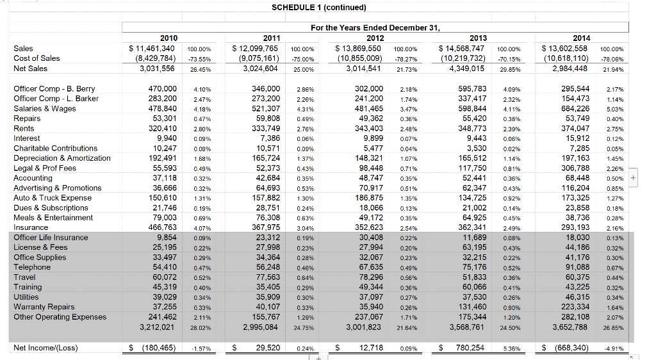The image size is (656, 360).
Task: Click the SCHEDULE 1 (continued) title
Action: (319, 8)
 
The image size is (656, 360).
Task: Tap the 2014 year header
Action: (582, 38)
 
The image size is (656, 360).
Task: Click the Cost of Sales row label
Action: (37, 58)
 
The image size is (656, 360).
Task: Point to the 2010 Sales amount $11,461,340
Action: (152, 49)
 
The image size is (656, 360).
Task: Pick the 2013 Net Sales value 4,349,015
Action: (466, 68)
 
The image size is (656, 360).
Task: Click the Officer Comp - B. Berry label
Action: (54, 88)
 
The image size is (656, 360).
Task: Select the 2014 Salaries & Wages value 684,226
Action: (575, 108)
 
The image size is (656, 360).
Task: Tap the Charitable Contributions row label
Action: (55, 148)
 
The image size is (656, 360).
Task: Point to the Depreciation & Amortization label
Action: (62, 158)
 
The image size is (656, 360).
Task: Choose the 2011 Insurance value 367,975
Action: (266, 227)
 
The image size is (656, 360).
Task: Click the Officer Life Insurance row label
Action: (51, 238)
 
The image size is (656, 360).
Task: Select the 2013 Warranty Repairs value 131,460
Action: (472, 307)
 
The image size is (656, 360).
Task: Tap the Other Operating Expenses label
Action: (60, 317)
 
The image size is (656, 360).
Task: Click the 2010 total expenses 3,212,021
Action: (156, 327)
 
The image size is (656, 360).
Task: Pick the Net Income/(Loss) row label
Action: (45, 348)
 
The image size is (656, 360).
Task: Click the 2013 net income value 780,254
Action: (470, 348)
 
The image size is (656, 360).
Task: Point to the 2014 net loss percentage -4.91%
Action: (614, 348)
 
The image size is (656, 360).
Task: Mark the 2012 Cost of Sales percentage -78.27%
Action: (407, 60)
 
